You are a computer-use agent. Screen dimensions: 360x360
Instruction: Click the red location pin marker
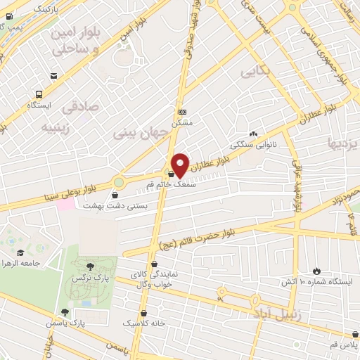pyautogui.click(x=181, y=164)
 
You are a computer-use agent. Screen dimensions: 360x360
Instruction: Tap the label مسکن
pyautogui.click(x=182, y=122)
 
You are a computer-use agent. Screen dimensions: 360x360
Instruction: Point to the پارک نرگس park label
pyautogui.click(x=89, y=278)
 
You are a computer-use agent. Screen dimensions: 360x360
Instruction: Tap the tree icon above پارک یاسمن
pyautogui.click(x=65, y=312)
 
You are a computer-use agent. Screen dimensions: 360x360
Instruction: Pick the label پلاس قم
pyautogui.click(x=345, y=347)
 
